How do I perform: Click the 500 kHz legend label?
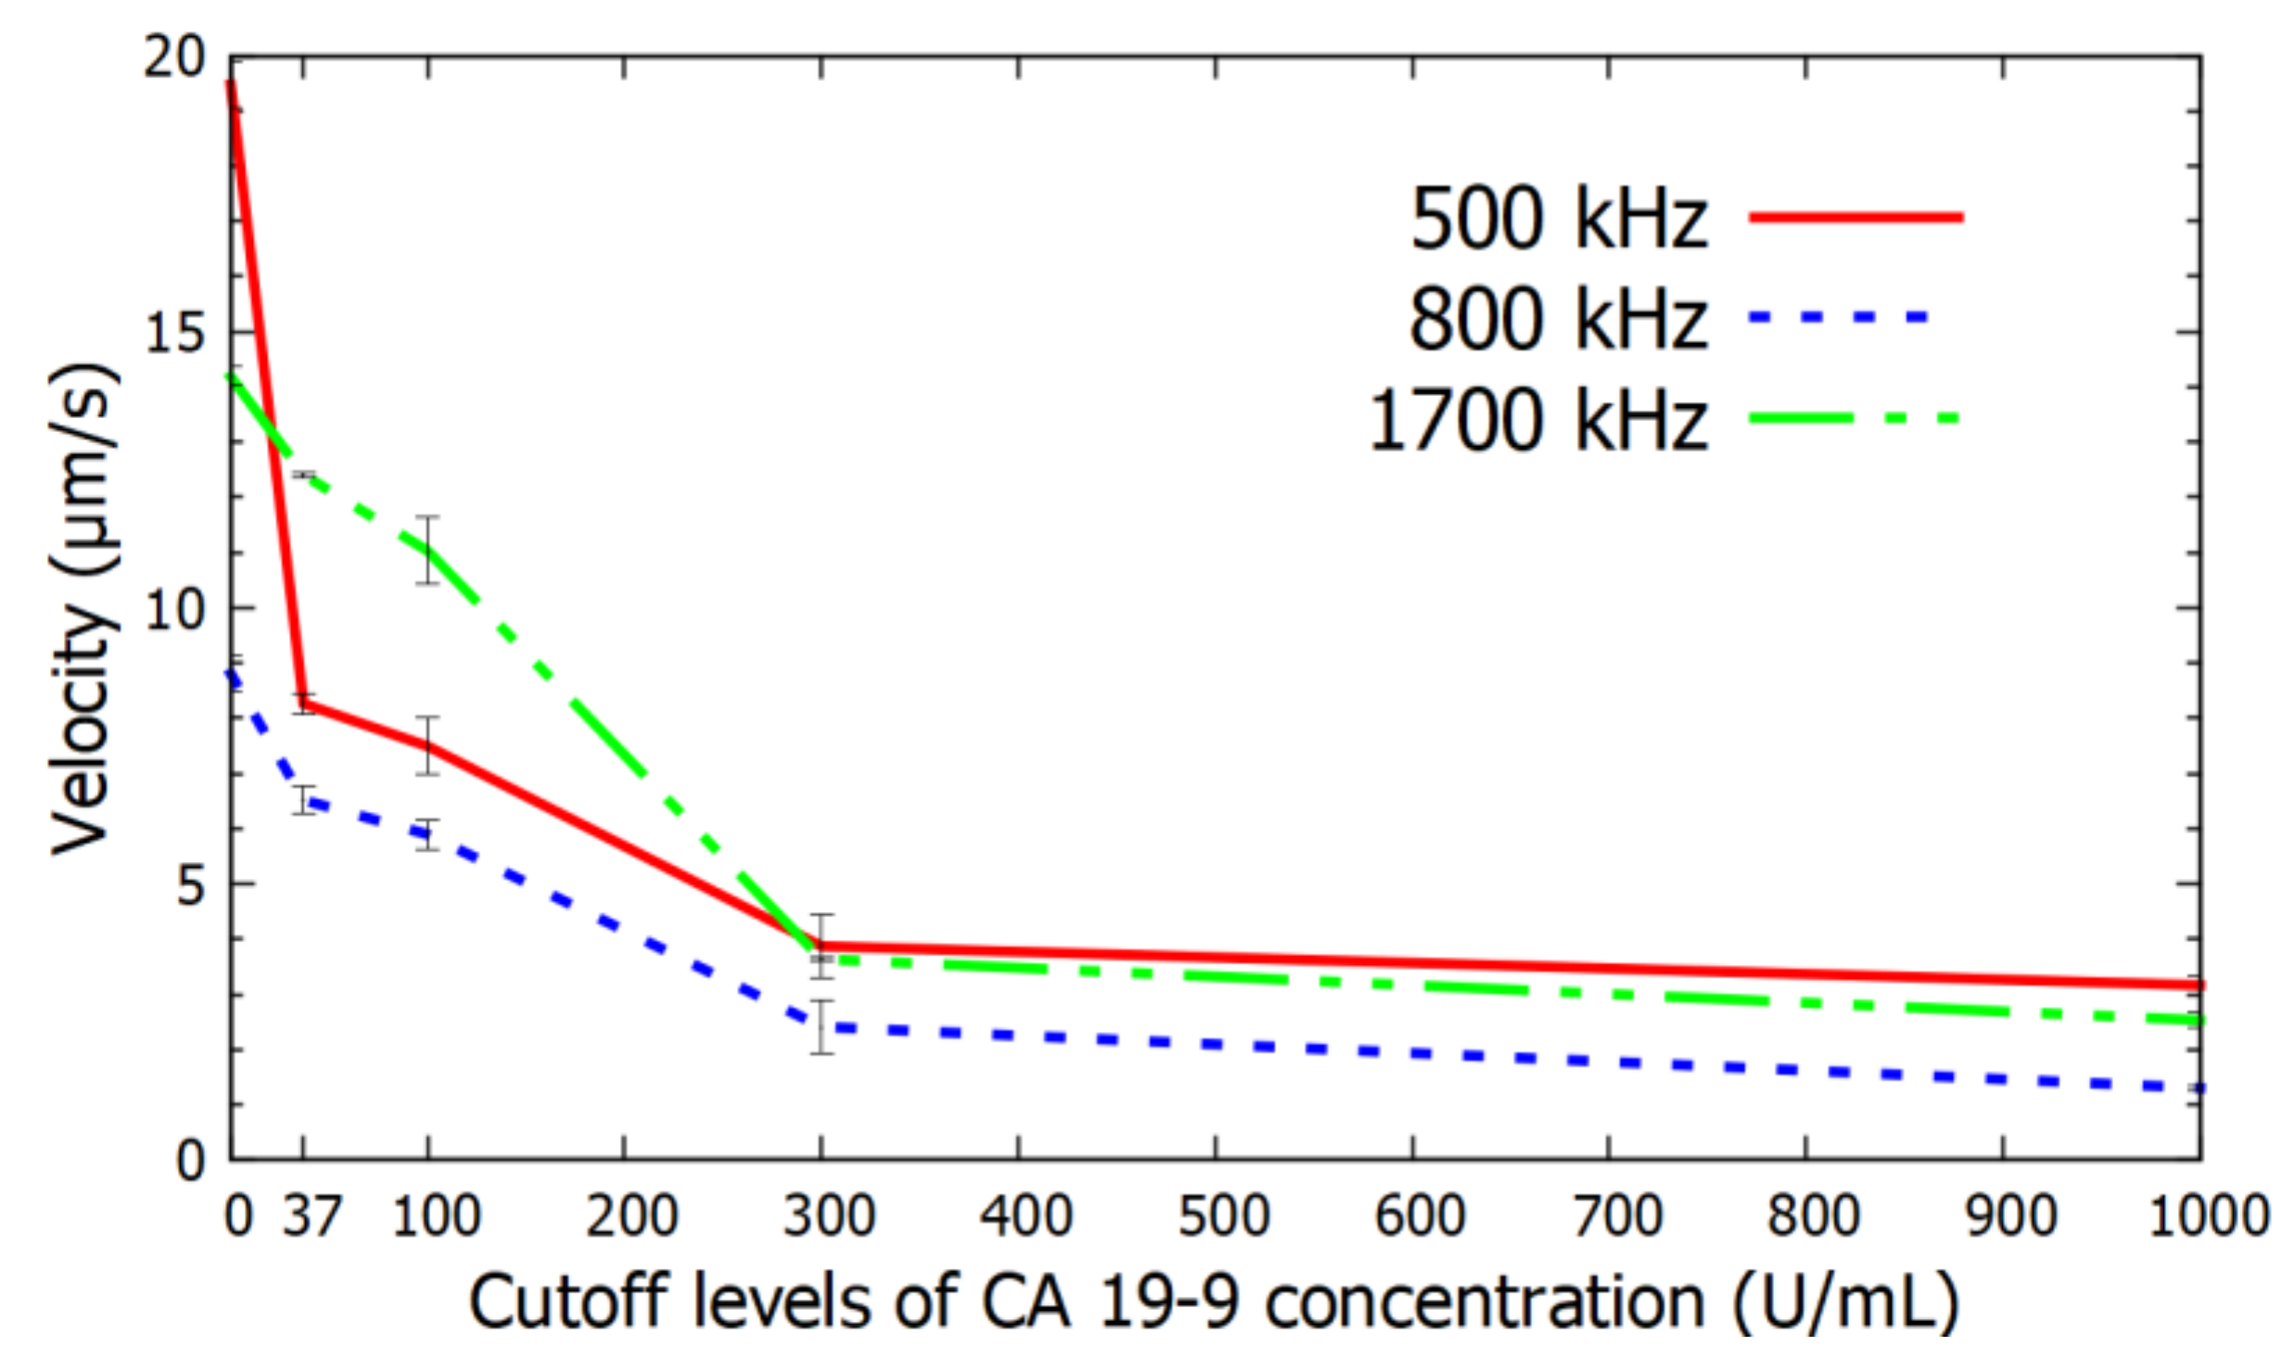click(x=1558, y=220)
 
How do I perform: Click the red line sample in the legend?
click(x=1857, y=218)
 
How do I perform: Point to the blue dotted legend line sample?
click(x=1840, y=318)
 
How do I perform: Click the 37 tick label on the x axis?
click(x=311, y=1215)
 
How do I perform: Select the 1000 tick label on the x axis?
click(x=2207, y=1215)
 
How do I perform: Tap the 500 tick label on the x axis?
click(x=1223, y=1215)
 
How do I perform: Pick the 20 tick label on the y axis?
click(x=173, y=58)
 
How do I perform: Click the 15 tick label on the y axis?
click(x=173, y=332)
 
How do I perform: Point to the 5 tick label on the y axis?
click(x=190, y=884)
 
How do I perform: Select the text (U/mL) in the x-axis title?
click(x=1845, y=1302)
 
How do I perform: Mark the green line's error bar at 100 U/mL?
click(x=427, y=550)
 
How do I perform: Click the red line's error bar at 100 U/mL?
click(x=427, y=745)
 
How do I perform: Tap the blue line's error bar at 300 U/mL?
click(x=821, y=1026)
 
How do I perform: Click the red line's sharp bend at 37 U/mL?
click(x=304, y=704)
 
